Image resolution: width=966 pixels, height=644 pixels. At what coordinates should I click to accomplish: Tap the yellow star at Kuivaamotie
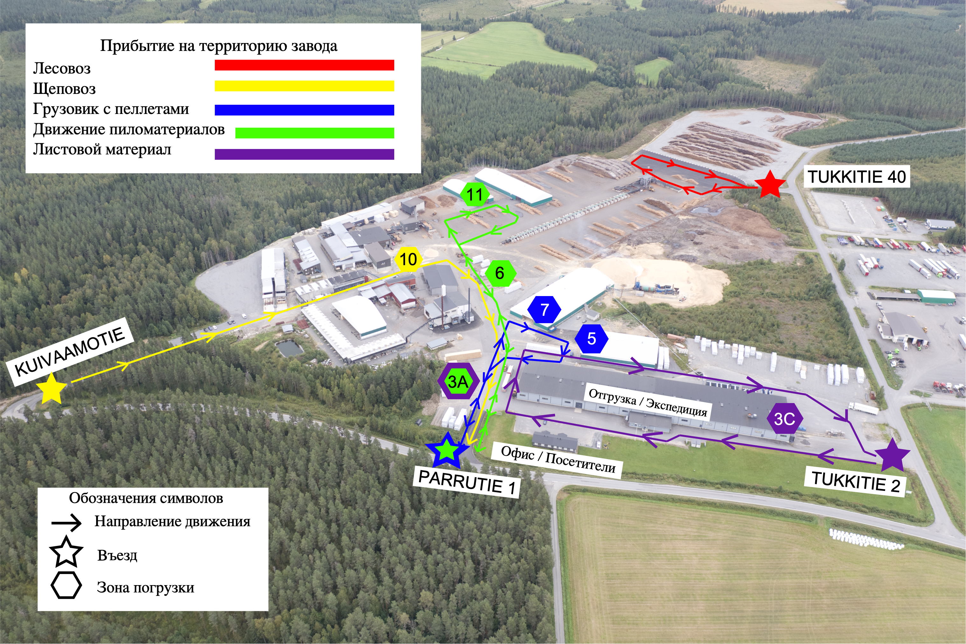(51, 388)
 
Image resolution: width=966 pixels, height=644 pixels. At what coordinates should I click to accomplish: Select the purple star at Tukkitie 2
(892, 455)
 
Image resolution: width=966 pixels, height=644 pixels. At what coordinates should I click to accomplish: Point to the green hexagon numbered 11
(475, 194)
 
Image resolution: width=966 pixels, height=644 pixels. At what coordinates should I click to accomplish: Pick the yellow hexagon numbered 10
(408, 259)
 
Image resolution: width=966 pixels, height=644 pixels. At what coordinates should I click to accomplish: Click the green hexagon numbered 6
(499, 273)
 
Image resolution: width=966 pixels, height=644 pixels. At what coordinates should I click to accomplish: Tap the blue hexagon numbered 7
(544, 310)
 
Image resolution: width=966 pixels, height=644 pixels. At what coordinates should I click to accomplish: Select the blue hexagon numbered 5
(591, 338)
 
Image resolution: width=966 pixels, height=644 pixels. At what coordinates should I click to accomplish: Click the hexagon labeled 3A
(458, 381)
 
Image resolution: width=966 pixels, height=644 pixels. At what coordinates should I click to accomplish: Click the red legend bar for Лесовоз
(304, 65)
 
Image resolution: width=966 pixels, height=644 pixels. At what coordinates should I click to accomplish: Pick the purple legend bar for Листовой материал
(304, 154)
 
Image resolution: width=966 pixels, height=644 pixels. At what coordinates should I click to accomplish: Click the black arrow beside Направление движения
(66, 523)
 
